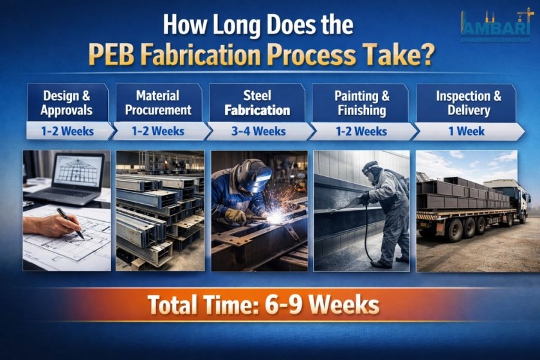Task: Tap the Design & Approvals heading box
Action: tap(66, 103)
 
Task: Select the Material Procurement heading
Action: tap(158, 103)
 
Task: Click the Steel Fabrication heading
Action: tap(257, 103)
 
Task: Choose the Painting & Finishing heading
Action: tap(361, 103)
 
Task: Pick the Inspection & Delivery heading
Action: tap(468, 103)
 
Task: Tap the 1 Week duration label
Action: tap(468, 131)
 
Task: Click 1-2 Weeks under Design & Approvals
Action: tap(67, 131)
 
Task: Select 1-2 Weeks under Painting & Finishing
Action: tap(361, 131)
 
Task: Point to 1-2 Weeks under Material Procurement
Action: tap(158, 131)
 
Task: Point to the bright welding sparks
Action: tap(278, 216)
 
